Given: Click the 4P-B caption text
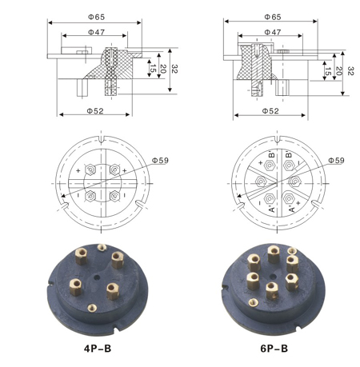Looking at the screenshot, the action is tap(98, 349).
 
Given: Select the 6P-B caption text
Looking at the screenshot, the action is tap(274, 349).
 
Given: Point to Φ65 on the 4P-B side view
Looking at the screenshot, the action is tap(97, 17).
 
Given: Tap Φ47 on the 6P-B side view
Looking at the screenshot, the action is tap(273, 32).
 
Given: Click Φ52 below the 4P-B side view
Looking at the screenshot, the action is tap(95, 111).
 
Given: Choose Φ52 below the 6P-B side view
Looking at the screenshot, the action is tap(270, 111).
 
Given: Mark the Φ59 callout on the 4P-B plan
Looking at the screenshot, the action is tap(160, 161).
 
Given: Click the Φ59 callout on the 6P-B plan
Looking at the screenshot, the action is tap(336, 161).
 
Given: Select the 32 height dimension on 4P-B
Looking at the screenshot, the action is tap(174, 69).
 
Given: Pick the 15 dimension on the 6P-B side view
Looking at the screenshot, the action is tap(328, 71).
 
